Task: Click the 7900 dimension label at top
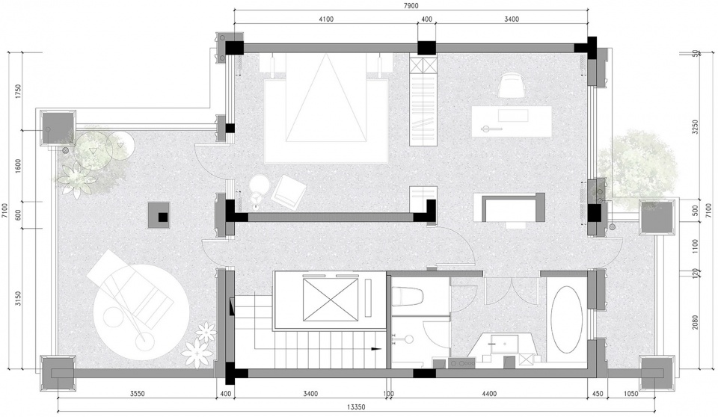[x=411, y=5]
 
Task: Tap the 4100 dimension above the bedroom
[x=325, y=19]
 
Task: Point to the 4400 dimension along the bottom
[x=488, y=394]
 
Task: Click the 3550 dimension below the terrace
[x=137, y=394]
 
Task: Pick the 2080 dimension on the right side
[x=696, y=323]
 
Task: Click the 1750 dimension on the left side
[x=18, y=92]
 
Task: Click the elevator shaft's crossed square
[x=330, y=300]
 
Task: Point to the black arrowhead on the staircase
[x=375, y=349]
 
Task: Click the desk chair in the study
[x=511, y=85]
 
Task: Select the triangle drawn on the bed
[x=327, y=97]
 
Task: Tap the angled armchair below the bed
[x=288, y=190]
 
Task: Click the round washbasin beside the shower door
[x=408, y=339]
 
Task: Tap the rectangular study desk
[x=512, y=121]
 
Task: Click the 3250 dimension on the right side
[x=696, y=127]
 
